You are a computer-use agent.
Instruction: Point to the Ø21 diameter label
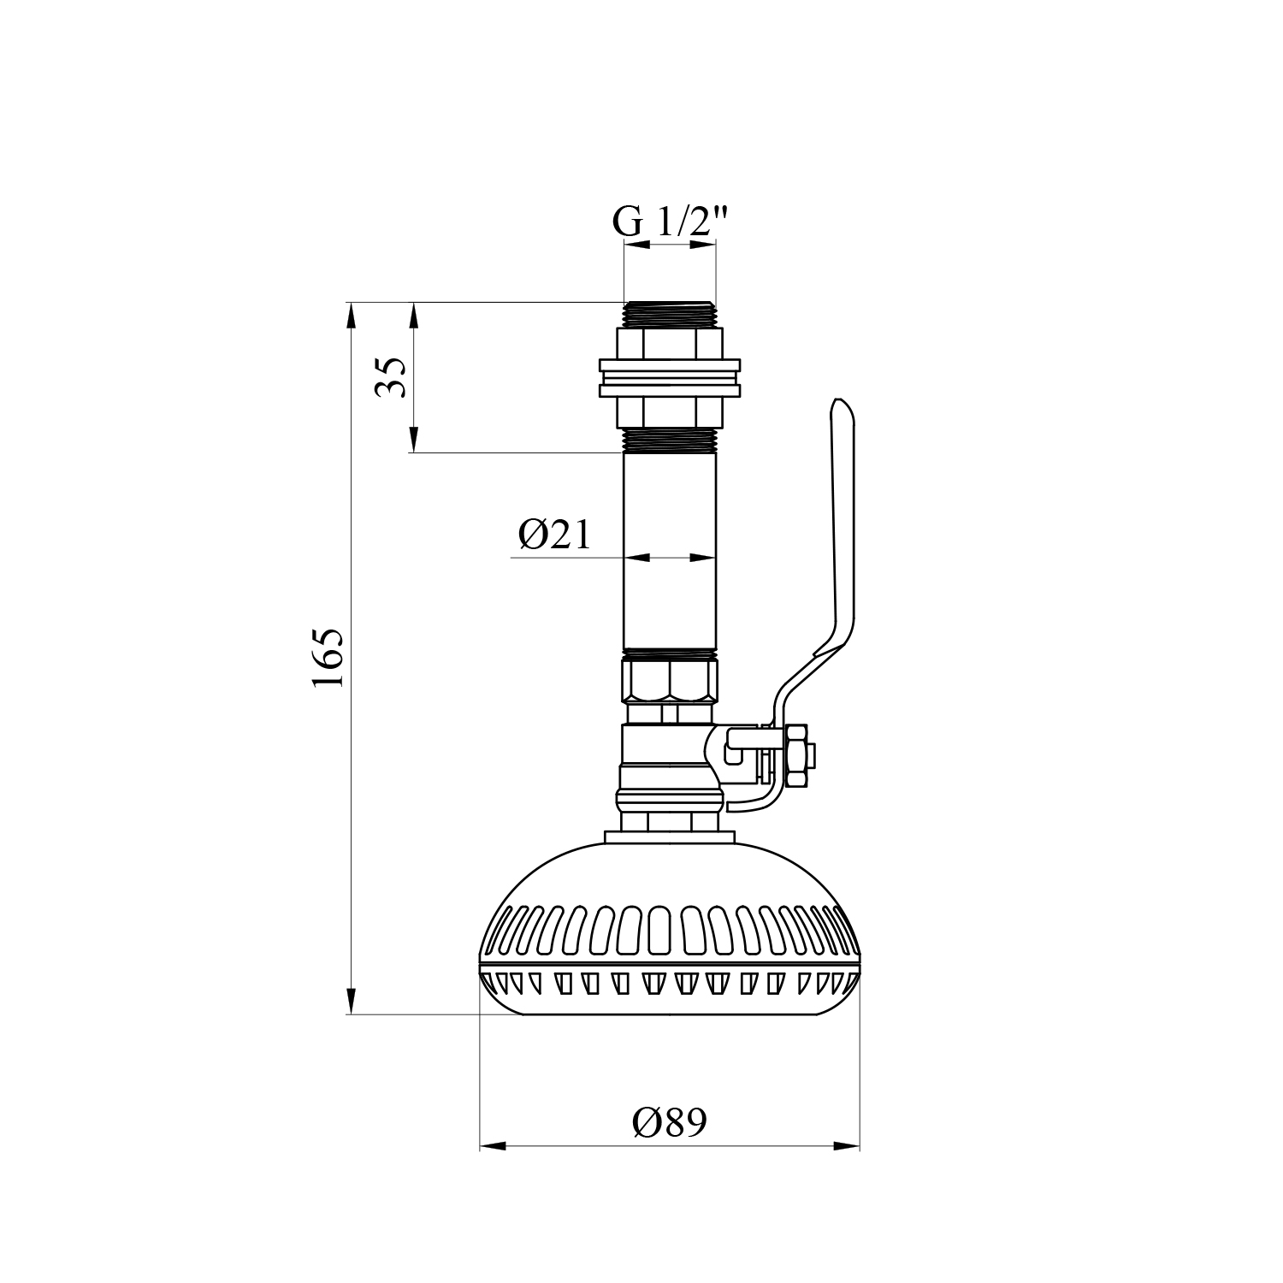click(x=554, y=535)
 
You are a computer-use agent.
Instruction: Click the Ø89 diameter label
click(x=671, y=1121)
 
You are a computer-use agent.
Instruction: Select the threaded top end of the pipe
click(x=669, y=314)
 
